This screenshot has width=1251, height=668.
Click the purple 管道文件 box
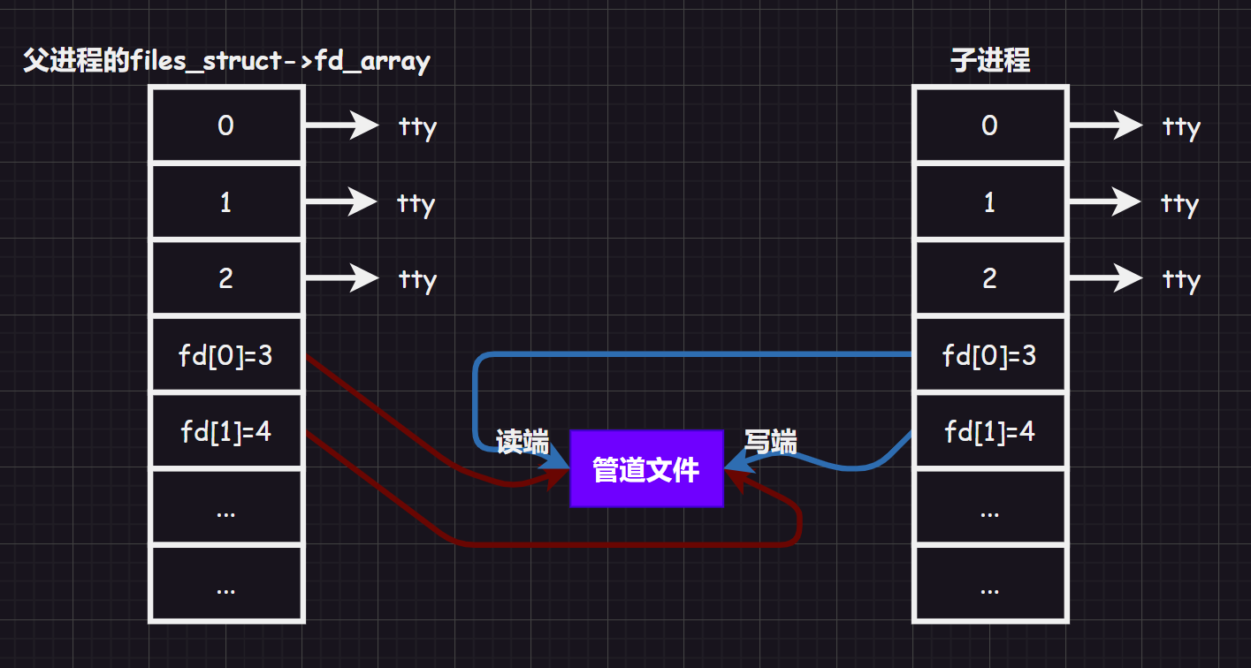tap(646, 469)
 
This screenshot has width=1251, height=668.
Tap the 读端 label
tap(523, 442)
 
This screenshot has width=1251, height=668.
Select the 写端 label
tap(770, 442)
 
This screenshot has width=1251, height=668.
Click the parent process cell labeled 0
tap(225, 125)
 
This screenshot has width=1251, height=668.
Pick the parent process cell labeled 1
tap(225, 202)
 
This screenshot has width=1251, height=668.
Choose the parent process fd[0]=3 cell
tap(225, 356)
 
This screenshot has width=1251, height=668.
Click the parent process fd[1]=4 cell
tap(225, 432)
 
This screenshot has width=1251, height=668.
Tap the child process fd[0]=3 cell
tap(989, 356)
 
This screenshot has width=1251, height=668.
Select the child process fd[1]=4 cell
tap(989, 432)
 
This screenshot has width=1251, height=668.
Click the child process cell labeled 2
tap(989, 279)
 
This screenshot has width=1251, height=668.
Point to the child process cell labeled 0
tap(989, 125)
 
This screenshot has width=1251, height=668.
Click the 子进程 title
tap(990, 61)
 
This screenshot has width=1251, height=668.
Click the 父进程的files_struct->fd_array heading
tap(226, 62)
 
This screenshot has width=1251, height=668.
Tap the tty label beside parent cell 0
tap(417, 127)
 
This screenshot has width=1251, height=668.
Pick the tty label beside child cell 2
tap(1181, 280)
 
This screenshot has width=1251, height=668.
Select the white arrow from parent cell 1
tap(342, 201)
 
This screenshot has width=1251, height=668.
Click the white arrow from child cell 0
tap(1106, 125)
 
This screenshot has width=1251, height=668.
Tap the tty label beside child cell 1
tap(1179, 204)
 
